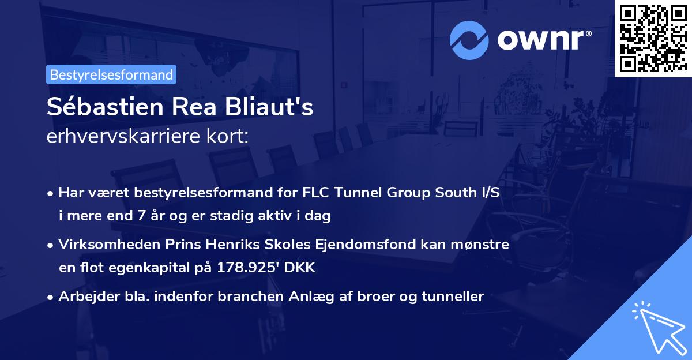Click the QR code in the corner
coord(653,38)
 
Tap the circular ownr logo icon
coord(469,39)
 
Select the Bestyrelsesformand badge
coord(111,74)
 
